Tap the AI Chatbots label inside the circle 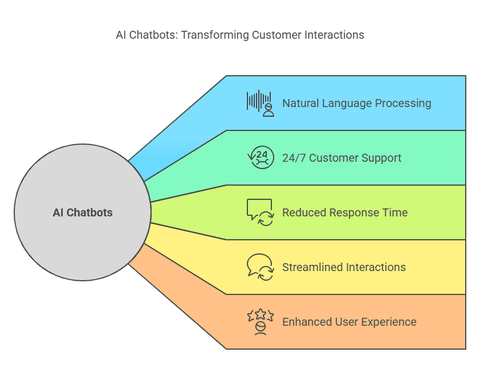point(83,212)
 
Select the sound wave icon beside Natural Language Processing point(260,103)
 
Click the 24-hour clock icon point(261,158)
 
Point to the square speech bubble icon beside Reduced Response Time point(260,212)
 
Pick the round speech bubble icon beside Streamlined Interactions point(260,267)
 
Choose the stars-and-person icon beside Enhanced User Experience point(261,322)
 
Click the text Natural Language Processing point(357,103)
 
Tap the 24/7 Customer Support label point(341,158)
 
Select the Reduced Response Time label point(345,212)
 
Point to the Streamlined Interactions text point(344,267)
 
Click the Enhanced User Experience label point(349,322)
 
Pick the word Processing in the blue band point(403,104)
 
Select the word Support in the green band point(381,158)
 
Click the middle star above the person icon point(261,313)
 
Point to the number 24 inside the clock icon point(262,154)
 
